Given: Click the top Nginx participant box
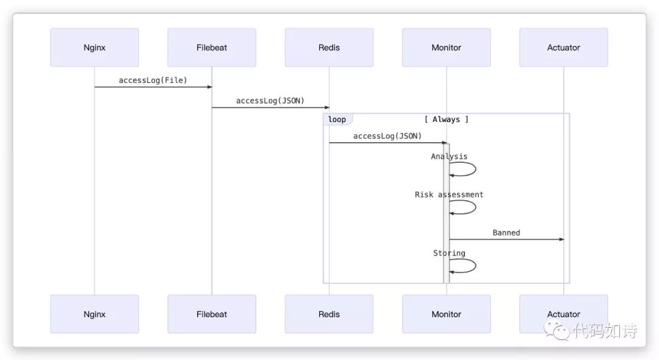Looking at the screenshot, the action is coord(95,48).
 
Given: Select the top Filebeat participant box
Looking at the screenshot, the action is coord(212,48).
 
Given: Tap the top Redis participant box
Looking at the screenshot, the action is coord(329,48).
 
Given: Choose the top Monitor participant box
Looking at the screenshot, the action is coord(446,48).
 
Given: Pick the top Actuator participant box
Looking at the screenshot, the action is coord(564,48).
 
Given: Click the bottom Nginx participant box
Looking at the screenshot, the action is coord(95,314).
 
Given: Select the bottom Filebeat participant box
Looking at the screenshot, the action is coord(212,314).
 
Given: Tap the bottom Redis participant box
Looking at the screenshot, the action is coord(329,314).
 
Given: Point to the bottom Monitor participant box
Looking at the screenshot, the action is coord(446,314).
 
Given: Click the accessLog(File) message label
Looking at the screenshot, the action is coord(153,80).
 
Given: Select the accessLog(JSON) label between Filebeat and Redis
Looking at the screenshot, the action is coord(270,101).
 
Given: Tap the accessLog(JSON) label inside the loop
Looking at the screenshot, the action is coord(387,136).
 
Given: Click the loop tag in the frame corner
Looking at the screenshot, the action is coord(337,120).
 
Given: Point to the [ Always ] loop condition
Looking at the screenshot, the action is coord(446,120).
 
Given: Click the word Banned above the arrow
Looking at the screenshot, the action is coord(506,232).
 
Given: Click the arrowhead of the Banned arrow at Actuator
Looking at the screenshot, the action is coord(561,239).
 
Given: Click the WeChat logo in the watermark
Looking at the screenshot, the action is coord(556,330).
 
